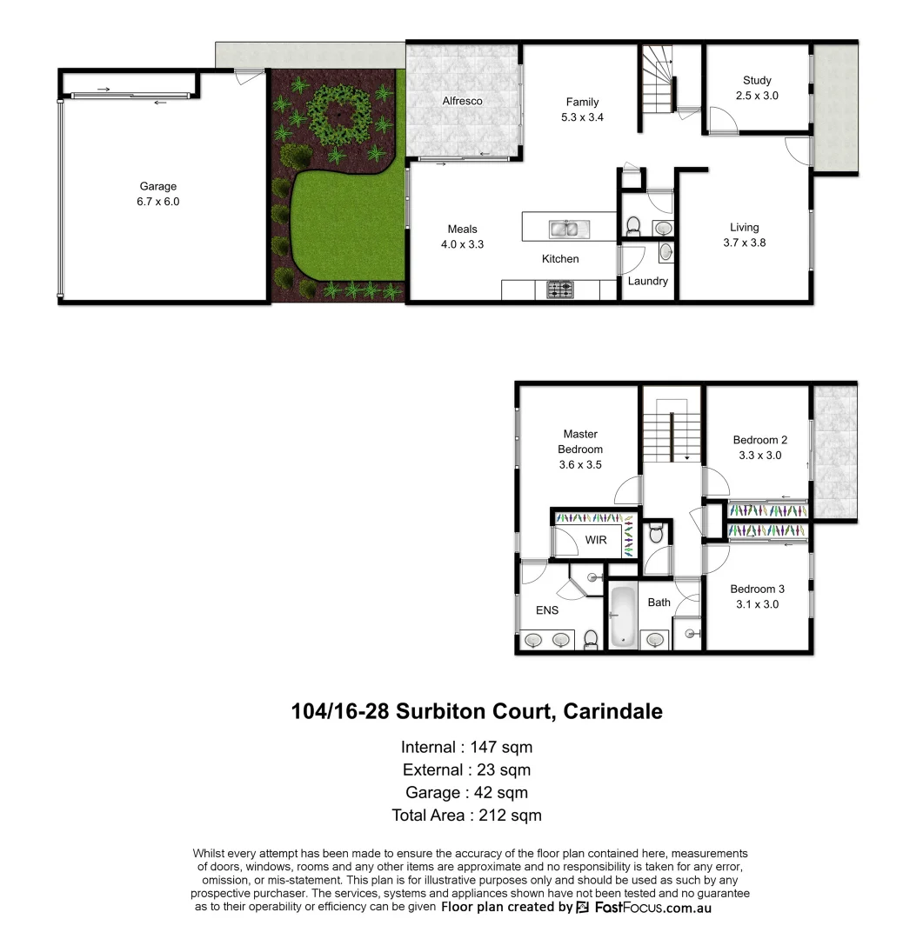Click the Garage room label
158,186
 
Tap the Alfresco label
462,101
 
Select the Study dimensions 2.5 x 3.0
757,96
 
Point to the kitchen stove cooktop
559,289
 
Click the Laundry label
648,281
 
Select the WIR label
596,540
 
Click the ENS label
547,610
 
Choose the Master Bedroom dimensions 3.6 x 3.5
580,465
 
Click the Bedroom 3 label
758,589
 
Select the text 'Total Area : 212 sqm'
466,816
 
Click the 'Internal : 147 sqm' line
466,747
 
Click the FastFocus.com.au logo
644,907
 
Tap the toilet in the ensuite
591,639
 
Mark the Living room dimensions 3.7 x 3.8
744,243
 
